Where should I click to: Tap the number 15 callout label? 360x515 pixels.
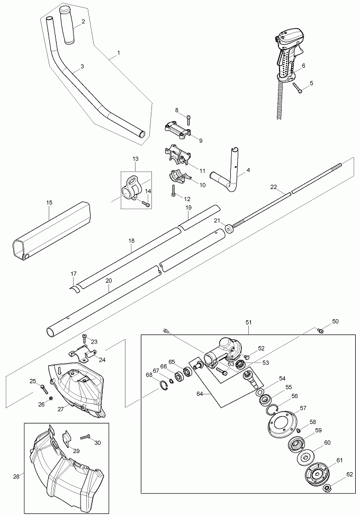(x=49, y=203)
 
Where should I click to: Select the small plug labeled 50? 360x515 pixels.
(x=320, y=331)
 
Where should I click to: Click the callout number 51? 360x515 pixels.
(x=249, y=322)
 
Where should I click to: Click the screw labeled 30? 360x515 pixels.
(x=85, y=437)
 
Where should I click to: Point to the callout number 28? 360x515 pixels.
(x=15, y=476)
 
